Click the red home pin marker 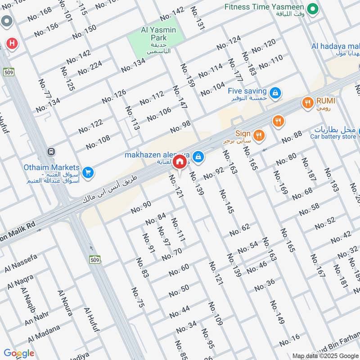click(x=180, y=162)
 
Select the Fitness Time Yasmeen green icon click(x=311, y=8)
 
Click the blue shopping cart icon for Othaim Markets click(x=88, y=172)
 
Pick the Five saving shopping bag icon click(x=276, y=93)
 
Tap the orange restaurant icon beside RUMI click(x=308, y=103)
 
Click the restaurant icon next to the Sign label click(x=259, y=135)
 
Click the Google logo click(x=18, y=353)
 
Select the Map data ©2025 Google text click(x=325, y=355)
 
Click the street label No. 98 click(x=180, y=127)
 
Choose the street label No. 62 click(x=239, y=230)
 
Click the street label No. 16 click(x=289, y=340)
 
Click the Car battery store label click(x=333, y=137)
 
